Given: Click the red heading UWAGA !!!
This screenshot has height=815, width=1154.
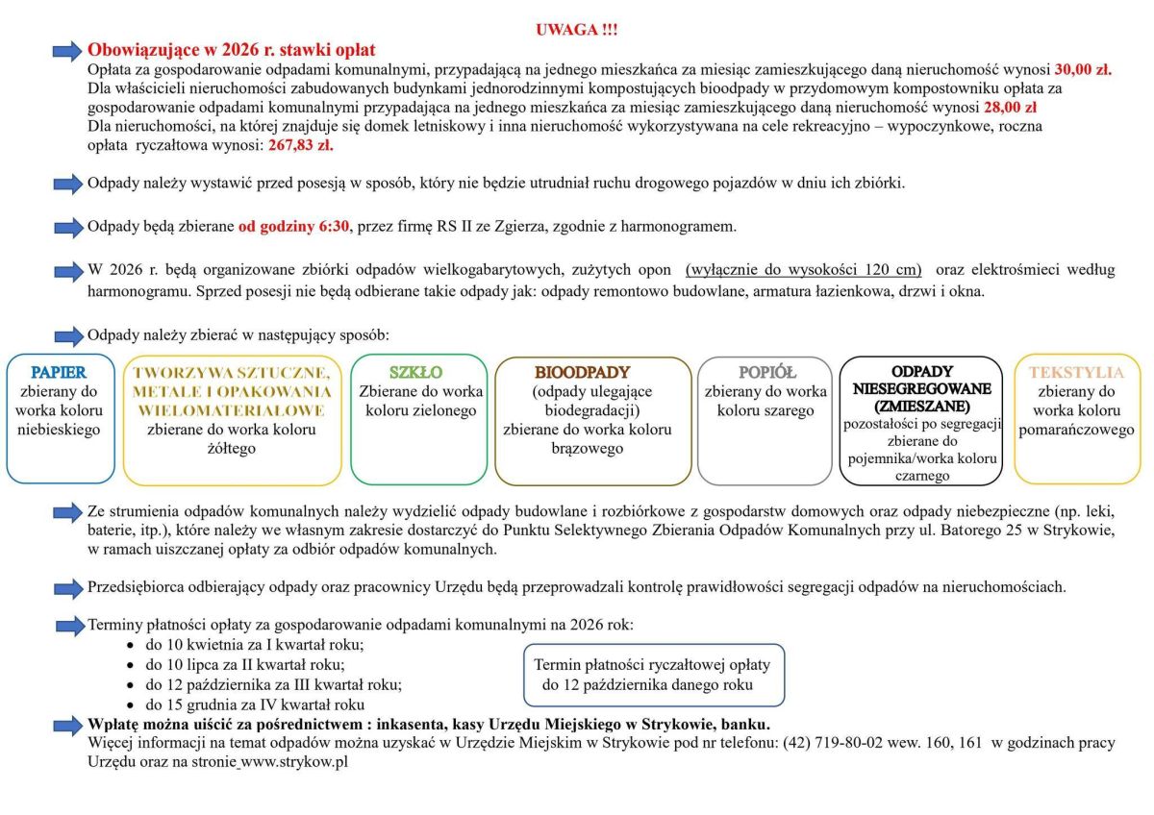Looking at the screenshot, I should click(576, 30).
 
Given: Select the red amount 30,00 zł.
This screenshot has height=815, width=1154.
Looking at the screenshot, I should click(1083, 69).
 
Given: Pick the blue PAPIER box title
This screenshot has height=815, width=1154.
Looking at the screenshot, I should click(59, 372).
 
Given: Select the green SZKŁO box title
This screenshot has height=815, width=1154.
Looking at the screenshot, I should click(415, 372).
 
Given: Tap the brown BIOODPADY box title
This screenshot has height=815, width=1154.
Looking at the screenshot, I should click(583, 372).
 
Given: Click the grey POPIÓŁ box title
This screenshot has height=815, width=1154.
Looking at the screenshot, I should click(765, 372).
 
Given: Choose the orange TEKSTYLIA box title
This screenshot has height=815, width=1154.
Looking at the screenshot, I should click(1076, 372).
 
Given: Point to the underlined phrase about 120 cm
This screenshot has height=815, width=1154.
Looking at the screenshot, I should click(803, 269).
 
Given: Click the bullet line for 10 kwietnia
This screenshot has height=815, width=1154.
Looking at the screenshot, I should click(254, 644).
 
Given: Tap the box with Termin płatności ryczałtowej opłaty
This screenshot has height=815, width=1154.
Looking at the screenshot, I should click(653, 675).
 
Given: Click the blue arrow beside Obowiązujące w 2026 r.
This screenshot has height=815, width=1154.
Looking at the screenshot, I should click(67, 50).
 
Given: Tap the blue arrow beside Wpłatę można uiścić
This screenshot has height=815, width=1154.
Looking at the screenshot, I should click(67, 724).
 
